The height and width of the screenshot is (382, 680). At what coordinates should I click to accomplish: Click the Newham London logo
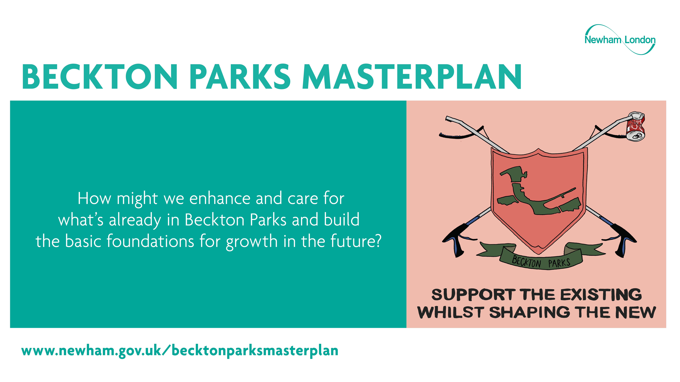[x=620, y=40]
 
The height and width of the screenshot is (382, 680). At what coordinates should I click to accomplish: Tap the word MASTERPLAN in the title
[x=412, y=77]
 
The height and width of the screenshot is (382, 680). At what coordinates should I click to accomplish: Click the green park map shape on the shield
[x=539, y=191]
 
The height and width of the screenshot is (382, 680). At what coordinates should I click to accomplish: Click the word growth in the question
[x=252, y=242]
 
